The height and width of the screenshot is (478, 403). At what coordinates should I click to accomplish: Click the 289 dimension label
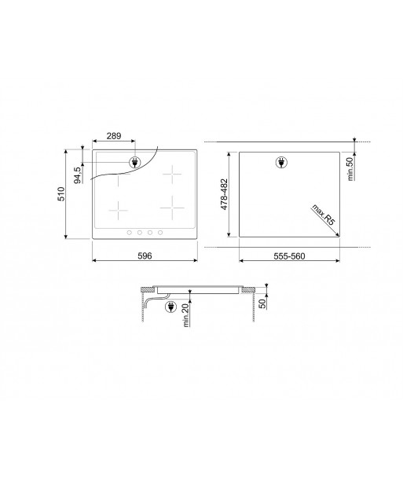click(114, 137)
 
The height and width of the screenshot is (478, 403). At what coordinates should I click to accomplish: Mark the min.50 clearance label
click(353, 168)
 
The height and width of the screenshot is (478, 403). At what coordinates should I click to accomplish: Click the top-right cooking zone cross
click(172, 173)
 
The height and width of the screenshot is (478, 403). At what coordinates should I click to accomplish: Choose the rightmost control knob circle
click(160, 232)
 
